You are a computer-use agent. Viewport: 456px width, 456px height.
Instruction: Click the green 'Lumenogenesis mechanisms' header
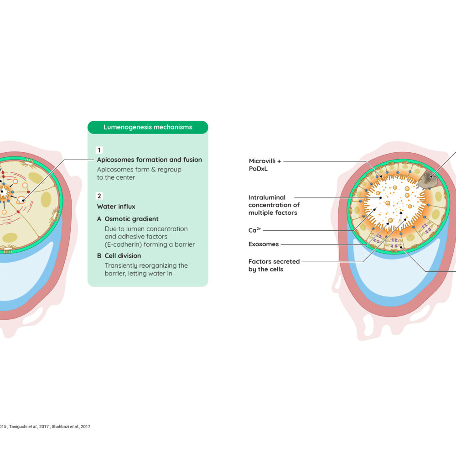click(x=148, y=127)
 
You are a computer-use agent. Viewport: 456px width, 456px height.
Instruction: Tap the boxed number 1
click(x=99, y=150)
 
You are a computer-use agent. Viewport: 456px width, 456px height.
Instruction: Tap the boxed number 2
click(x=99, y=196)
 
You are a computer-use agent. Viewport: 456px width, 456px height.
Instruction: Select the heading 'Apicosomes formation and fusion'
click(x=150, y=160)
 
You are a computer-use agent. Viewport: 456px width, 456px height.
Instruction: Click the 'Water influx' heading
click(x=116, y=207)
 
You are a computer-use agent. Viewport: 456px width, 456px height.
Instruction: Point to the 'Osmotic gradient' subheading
click(x=131, y=219)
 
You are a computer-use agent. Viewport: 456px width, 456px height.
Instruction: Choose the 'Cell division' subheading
click(x=123, y=256)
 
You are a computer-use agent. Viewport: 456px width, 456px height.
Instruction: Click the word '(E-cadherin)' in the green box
click(x=123, y=244)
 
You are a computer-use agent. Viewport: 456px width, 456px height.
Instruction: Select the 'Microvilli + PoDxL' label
click(x=264, y=165)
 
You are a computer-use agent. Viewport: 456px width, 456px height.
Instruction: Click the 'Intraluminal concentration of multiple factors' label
click(x=274, y=205)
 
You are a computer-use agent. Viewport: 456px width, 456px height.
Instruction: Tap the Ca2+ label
click(x=254, y=230)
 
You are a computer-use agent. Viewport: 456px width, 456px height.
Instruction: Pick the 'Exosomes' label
click(x=264, y=244)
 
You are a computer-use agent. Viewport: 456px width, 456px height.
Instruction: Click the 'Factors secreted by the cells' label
click(x=274, y=265)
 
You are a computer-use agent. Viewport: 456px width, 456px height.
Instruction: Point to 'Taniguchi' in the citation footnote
click(x=19, y=427)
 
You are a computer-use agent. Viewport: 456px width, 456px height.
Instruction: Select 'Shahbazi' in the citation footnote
click(x=60, y=427)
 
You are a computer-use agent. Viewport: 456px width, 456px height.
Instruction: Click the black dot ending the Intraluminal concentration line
click(x=381, y=198)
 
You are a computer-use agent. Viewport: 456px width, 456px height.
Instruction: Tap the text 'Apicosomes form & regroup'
click(x=139, y=170)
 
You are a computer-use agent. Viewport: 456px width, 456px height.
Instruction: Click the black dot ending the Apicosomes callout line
click(x=23, y=200)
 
